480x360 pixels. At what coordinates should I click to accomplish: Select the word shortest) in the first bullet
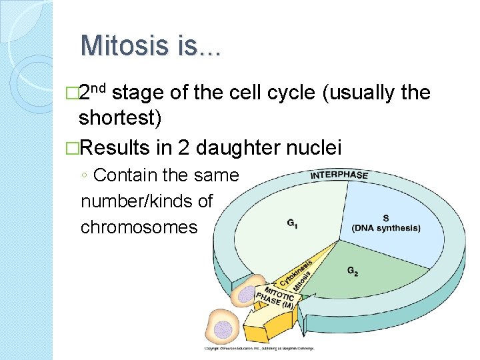pyautogui.click(x=120, y=118)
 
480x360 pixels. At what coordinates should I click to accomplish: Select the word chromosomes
pyautogui.click(x=139, y=227)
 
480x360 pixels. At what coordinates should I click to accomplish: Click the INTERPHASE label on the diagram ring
pyautogui.click(x=339, y=175)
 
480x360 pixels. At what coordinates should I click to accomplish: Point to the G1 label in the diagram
pyautogui.click(x=292, y=223)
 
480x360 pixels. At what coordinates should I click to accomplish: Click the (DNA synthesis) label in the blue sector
pyautogui.click(x=386, y=228)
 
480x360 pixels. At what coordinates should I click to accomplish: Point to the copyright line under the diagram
pyautogui.click(x=259, y=347)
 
